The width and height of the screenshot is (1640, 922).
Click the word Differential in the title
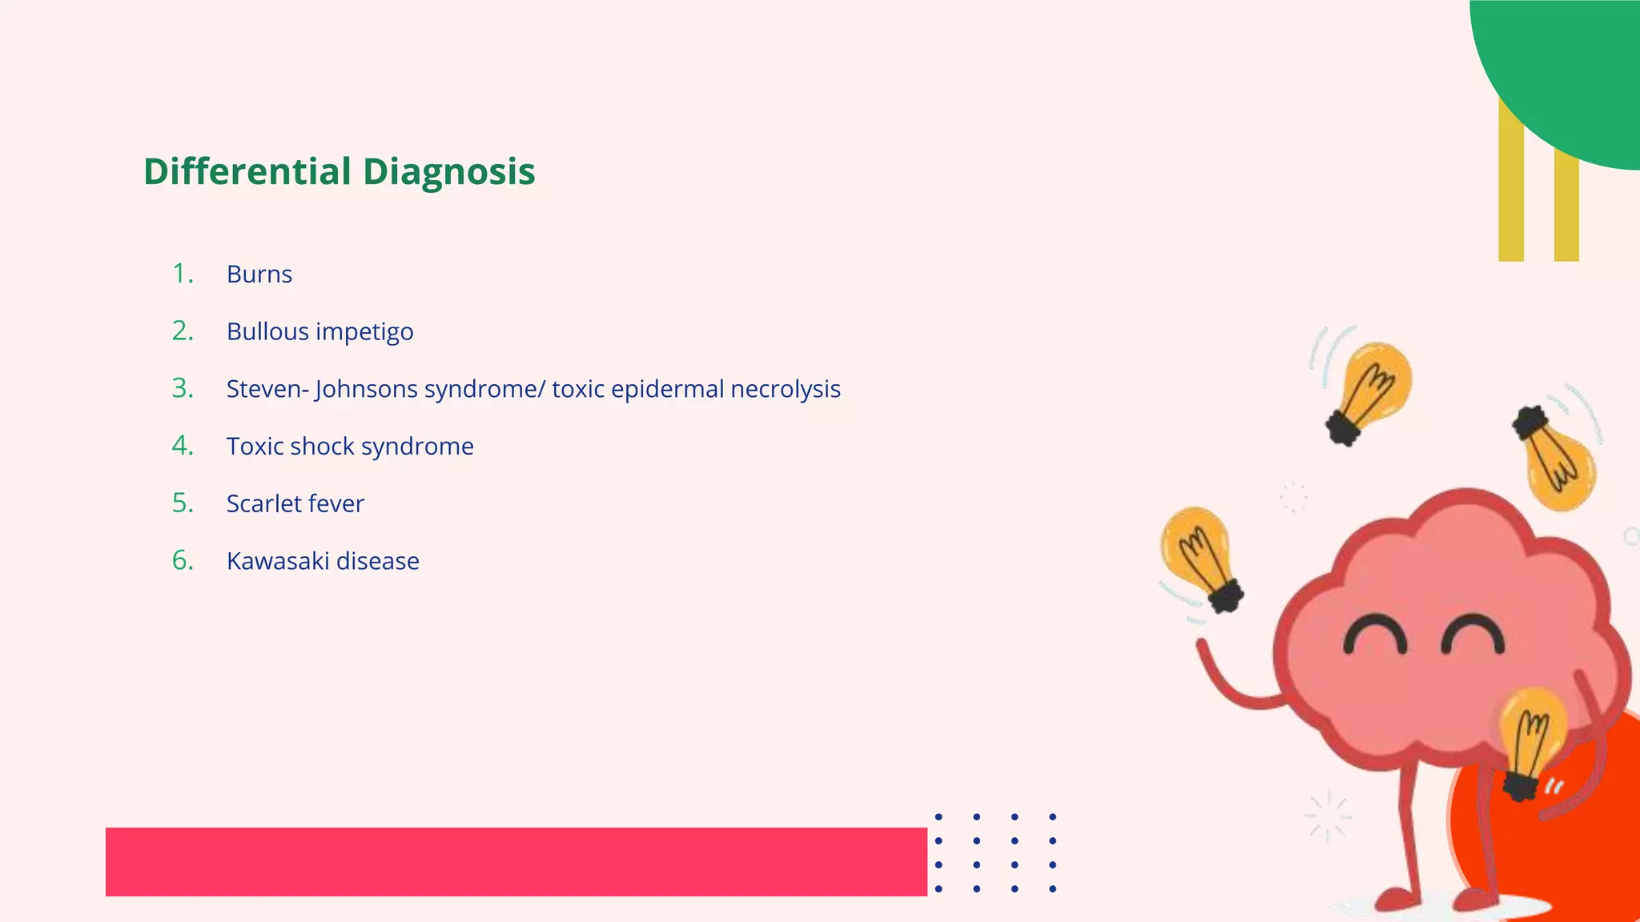(x=247, y=171)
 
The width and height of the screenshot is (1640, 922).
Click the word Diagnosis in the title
(x=448, y=173)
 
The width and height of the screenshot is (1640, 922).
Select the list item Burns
(x=259, y=275)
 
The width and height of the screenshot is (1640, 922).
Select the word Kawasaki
(x=278, y=561)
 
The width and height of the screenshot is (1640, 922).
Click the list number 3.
(x=183, y=389)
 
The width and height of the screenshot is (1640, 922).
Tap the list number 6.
(x=183, y=561)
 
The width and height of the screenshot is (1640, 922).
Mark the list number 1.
(x=183, y=275)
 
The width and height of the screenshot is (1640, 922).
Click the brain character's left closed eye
(x=1375, y=635)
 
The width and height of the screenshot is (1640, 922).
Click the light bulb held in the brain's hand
(x=1530, y=736)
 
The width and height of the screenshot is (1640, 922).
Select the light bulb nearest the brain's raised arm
(x=1200, y=556)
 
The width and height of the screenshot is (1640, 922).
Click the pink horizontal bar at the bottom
(x=516, y=862)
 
